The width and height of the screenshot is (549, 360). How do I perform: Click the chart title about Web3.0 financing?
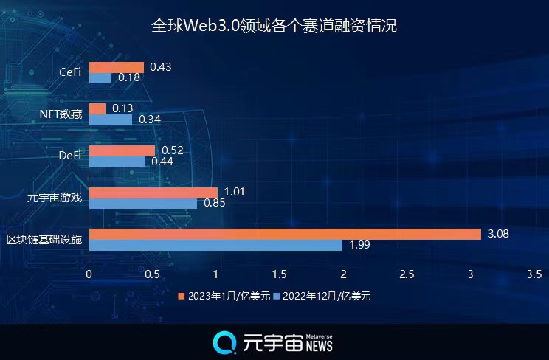[274, 26]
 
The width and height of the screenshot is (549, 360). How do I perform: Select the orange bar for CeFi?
[117, 67]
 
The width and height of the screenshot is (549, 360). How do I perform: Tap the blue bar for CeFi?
[100, 77]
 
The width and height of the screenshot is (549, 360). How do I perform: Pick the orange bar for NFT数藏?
[97, 108]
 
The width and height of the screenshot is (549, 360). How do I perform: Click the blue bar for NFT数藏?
[111, 119]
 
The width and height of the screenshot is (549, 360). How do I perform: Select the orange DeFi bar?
[122, 150]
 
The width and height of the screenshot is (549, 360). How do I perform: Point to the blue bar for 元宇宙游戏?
[143, 203]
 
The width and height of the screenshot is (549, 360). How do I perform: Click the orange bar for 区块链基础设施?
[285, 234]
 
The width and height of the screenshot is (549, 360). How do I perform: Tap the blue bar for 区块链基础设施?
[215, 245]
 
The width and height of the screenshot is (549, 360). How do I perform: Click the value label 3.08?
[498, 234]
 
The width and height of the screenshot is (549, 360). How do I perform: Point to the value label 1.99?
[359, 246]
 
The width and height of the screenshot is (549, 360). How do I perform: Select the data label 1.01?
[235, 193]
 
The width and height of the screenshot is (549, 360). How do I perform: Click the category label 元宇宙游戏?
[53, 197]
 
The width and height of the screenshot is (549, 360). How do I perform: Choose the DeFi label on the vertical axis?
[69, 155]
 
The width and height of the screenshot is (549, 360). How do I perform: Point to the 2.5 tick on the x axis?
[406, 274]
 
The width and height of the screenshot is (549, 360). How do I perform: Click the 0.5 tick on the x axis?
[152, 274]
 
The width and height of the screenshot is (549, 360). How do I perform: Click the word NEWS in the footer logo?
[320, 346]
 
